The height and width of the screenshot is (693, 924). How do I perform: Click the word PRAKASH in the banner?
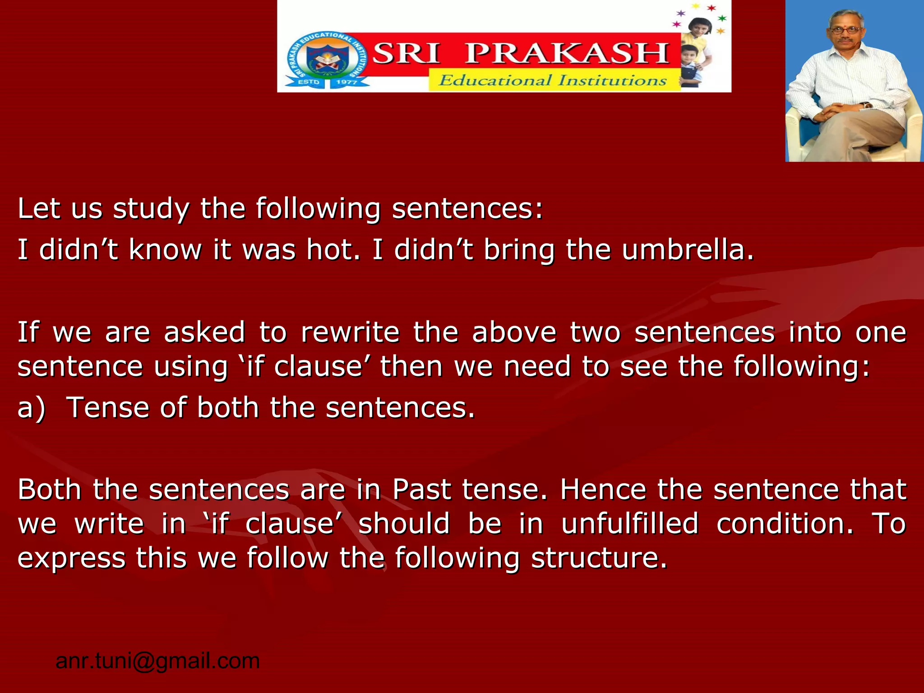pyautogui.click(x=567, y=53)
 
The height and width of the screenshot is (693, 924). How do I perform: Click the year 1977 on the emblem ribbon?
pyautogui.click(x=346, y=82)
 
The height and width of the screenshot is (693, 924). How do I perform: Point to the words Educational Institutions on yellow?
pyautogui.click(x=553, y=81)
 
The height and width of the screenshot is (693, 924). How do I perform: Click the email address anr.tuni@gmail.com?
pyautogui.click(x=157, y=661)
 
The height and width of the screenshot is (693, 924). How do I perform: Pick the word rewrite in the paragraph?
pyautogui.click(x=350, y=333)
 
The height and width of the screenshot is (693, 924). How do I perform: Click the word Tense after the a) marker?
pyautogui.click(x=107, y=407)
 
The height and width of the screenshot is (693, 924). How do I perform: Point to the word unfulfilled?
pyautogui.click(x=630, y=524)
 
